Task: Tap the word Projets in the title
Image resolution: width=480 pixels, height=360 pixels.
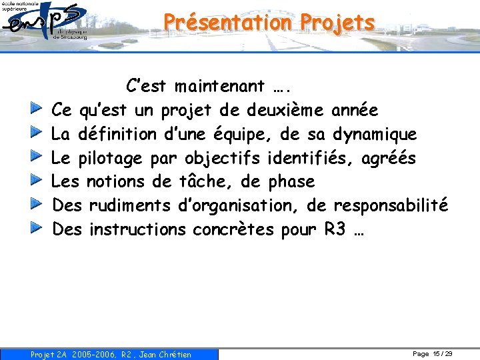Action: pyautogui.click(x=337, y=22)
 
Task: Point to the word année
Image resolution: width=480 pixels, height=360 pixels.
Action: pyautogui.click(x=355, y=110)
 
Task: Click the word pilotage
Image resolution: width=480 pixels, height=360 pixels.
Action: pyautogui.click(x=110, y=158)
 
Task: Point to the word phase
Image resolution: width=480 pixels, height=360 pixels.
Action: pyautogui.click(x=291, y=181)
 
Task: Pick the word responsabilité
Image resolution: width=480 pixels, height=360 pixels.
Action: pyautogui.click(x=390, y=205)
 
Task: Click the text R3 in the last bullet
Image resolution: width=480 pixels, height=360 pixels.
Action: pyautogui.click(x=335, y=229)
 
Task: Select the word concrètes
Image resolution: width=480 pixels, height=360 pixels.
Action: pyautogui.click(x=233, y=229)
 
